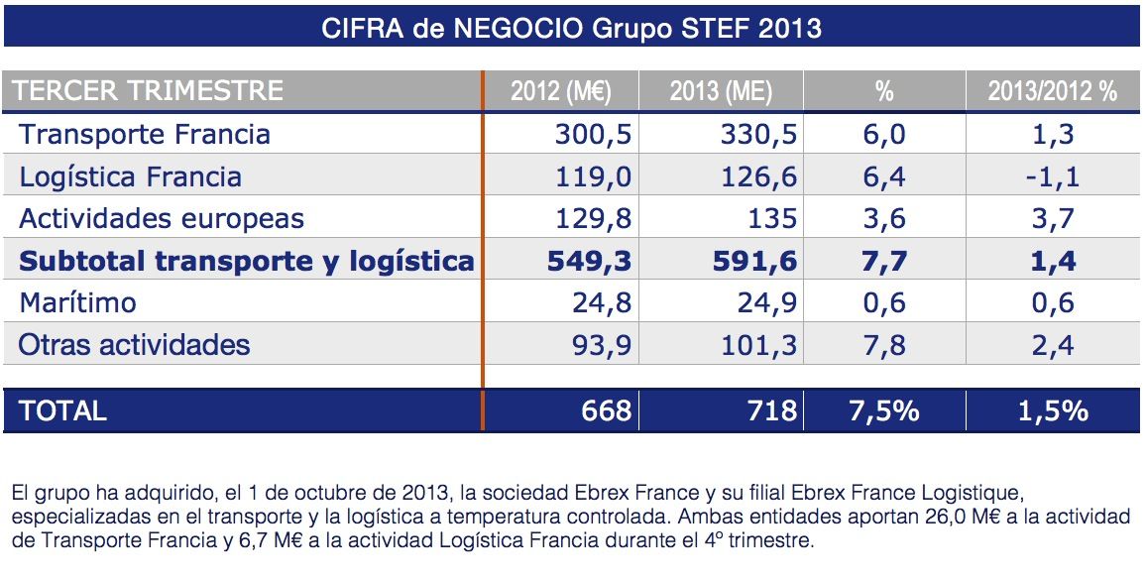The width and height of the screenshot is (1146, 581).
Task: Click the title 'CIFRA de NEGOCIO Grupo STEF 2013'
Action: point(572,27)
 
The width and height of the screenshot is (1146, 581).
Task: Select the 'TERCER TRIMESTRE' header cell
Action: point(149,91)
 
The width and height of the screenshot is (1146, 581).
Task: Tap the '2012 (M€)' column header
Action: point(560,92)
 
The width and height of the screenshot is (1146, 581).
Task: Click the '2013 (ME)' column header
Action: point(721,92)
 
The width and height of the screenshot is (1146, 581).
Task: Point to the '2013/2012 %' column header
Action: point(1052,92)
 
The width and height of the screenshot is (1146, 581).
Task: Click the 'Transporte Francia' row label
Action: point(145,134)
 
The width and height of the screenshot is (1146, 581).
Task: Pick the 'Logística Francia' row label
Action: point(130,176)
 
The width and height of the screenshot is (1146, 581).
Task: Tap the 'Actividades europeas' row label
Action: point(162,218)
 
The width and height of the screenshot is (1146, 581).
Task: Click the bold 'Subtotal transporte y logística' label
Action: point(247,261)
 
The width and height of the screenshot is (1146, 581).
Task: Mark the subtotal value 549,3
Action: point(589,261)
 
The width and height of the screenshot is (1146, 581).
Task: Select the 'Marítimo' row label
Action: point(77,301)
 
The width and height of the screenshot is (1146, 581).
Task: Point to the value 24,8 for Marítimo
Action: point(602,301)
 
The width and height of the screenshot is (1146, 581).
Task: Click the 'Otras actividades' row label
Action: point(134,344)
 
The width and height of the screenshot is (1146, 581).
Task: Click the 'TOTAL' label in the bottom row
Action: point(61,410)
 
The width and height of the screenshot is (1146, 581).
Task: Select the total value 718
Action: point(772,410)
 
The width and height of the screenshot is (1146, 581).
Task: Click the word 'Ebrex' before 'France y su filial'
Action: point(598,493)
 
